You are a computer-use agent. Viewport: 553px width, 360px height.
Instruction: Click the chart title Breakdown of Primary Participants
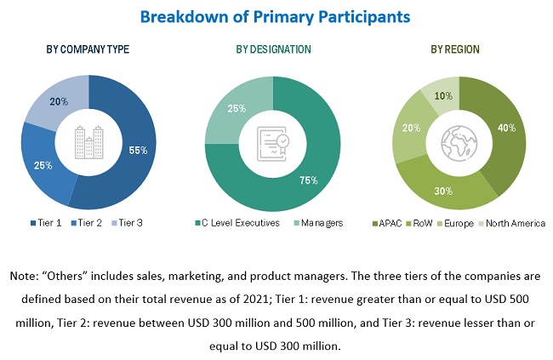tap(276, 16)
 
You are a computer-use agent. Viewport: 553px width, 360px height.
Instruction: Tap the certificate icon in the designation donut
tap(275, 140)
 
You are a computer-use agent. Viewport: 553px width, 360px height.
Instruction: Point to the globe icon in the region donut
tap(457, 140)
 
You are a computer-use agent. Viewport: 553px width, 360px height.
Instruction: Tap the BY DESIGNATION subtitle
tap(274, 49)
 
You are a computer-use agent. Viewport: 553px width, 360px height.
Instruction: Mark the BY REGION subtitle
tap(457, 49)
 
